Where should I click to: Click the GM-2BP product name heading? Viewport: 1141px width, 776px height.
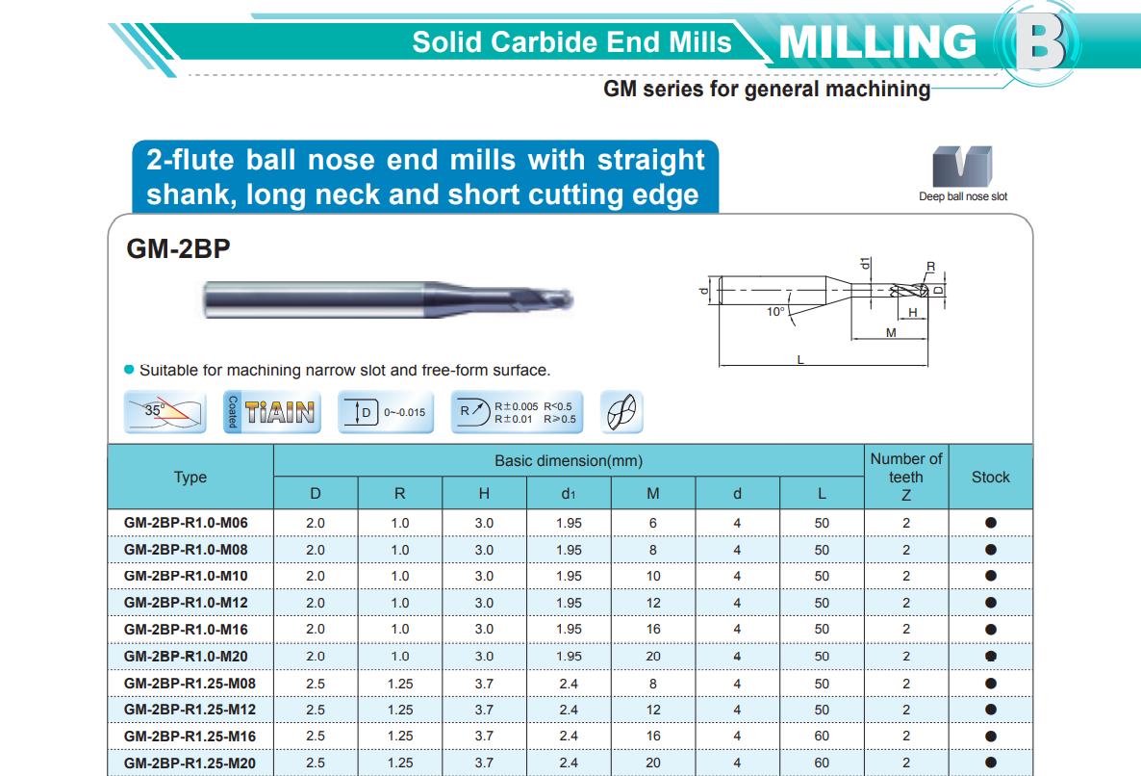pyautogui.click(x=178, y=249)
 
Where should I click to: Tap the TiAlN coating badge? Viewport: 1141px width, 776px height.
pyautogui.click(x=272, y=412)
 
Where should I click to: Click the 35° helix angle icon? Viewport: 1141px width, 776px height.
pyautogui.click(x=165, y=412)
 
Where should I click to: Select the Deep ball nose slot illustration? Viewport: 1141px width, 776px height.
pyautogui.click(x=962, y=167)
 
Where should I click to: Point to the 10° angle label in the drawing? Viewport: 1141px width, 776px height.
pyautogui.click(x=775, y=312)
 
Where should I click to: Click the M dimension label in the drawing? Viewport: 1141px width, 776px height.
pyautogui.click(x=891, y=333)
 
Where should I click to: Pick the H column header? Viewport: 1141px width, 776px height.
pyautogui.click(x=484, y=494)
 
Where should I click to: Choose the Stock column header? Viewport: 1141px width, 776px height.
pyautogui.click(x=990, y=477)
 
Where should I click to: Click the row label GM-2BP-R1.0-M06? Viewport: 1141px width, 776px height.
pyautogui.click(x=186, y=523)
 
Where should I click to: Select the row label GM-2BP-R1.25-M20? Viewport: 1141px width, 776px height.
pyautogui.click(x=190, y=763)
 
